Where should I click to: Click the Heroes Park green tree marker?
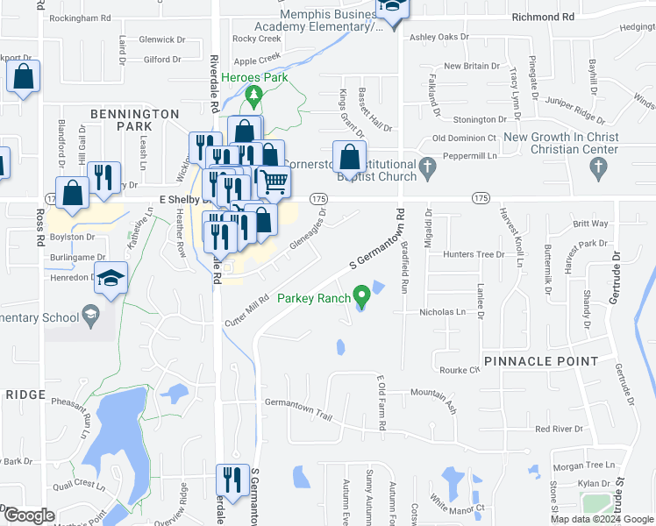coord(254,93)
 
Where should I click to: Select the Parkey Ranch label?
coord(313,298)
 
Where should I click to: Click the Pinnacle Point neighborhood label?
coord(540,361)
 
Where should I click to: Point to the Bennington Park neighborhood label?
coord(135,120)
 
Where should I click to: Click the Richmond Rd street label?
coord(543,17)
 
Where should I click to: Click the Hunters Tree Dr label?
coord(474,254)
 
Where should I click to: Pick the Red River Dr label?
coord(559,429)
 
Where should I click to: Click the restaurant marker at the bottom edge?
coord(232,480)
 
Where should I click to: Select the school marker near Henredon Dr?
coord(111,280)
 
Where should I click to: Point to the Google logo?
coord(30,515)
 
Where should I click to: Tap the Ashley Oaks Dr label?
coord(439,38)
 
